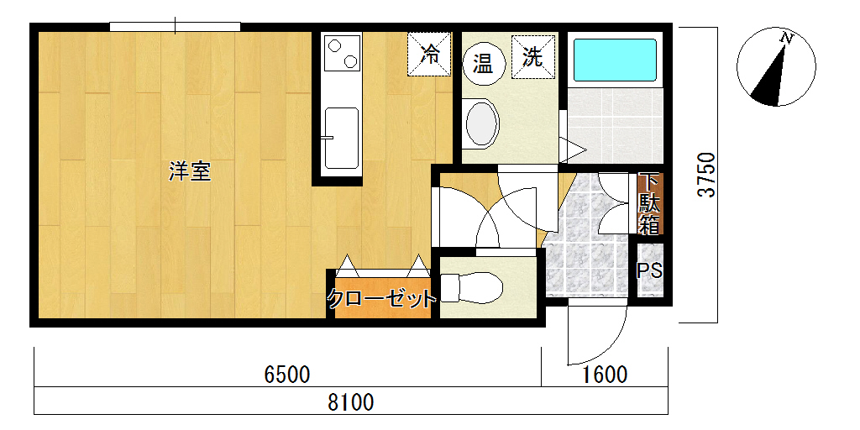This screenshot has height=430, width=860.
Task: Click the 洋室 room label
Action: pos(190,172)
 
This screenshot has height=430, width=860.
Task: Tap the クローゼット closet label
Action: pos(382,299)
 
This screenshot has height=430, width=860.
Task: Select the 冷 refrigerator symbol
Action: pos(429,55)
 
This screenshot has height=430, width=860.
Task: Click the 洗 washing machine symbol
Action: pos(533,57)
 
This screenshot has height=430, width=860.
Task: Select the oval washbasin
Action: pos(482,124)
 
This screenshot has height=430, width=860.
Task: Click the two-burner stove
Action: pos(343,53)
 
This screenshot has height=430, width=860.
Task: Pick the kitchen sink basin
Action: pos(342,138)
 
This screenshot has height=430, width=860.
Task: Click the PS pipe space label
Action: pos(649,271)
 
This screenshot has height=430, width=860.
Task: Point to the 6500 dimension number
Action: pos(287,375)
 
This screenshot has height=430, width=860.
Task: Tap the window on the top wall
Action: pos(175,26)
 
